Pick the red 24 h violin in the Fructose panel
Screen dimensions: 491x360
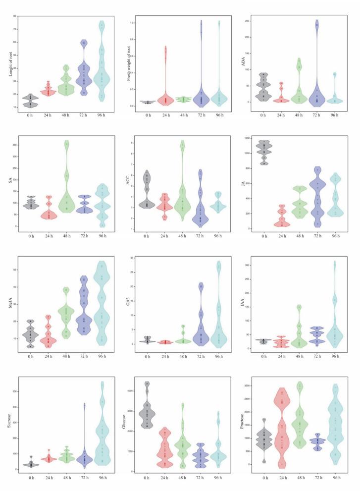click(x=282, y=436)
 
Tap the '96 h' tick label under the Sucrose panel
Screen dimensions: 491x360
click(x=102, y=478)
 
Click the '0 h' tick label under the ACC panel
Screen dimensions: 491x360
click(x=147, y=236)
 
